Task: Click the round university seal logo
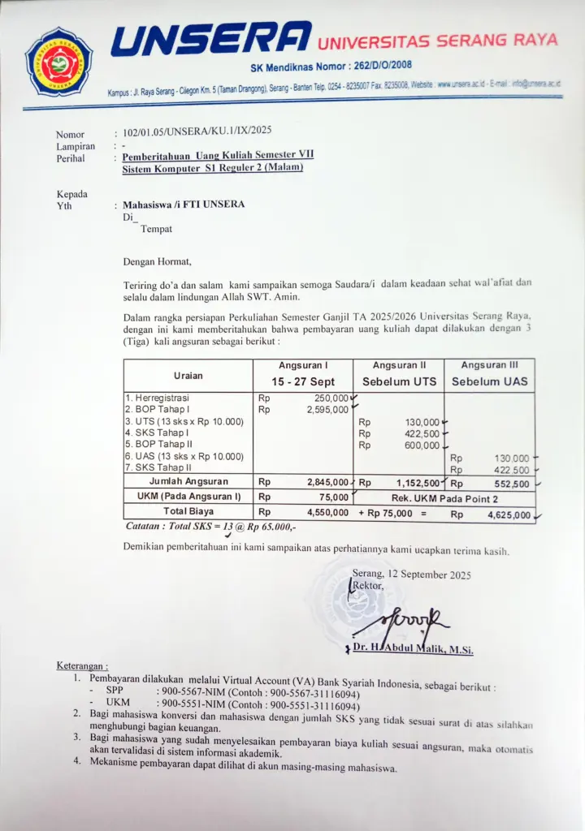[x=58, y=62]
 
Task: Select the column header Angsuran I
[x=303, y=365]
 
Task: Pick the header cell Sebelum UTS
[x=399, y=381]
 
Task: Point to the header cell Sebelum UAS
[x=489, y=381]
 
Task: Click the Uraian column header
[x=188, y=376]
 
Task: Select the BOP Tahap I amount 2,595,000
[x=327, y=410]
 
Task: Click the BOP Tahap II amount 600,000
[x=422, y=446]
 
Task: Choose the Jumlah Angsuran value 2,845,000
[x=327, y=482]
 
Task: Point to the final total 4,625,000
[x=509, y=515]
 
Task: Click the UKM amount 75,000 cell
[x=333, y=497]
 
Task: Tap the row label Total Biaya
[x=188, y=512]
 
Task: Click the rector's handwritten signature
[x=402, y=621]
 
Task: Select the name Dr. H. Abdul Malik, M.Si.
[x=413, y=649]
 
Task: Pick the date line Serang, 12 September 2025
[x=411, y=575]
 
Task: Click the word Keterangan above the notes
[x=82, y=666]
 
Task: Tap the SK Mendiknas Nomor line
[x=331, y=66]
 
